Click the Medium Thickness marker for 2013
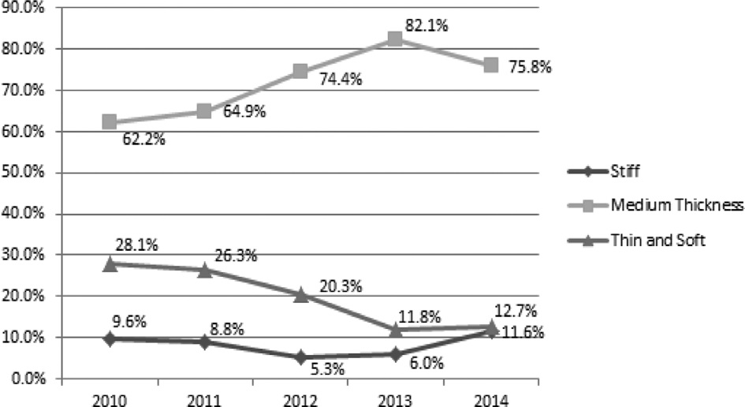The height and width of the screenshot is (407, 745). [395, 39]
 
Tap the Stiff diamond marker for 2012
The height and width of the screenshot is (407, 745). [300, 357]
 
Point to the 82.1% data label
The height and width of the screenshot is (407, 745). [427, 25]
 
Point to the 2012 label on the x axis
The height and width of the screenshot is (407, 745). [300, 397]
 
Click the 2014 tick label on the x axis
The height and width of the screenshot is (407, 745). [490, 397]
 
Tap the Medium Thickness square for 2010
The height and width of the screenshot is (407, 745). [110, 122]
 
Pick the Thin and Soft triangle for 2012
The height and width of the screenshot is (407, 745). [300, 295]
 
